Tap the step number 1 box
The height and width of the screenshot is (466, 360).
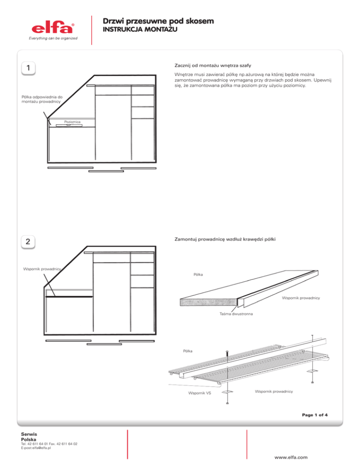[29, 68]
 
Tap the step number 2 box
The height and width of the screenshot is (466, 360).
[29, 242]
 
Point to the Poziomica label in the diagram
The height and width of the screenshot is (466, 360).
[73, 122]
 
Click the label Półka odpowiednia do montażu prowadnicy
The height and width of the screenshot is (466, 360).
[42, 100]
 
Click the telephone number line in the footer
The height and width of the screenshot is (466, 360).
[49, 443]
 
